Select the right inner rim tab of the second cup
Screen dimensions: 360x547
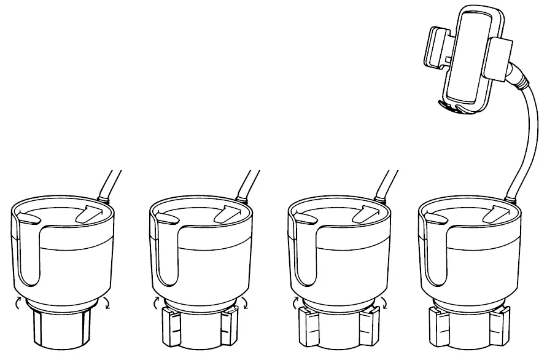[225, 216]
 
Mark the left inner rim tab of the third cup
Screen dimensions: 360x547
[309, 218]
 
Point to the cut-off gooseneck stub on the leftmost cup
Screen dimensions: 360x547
[111, 184]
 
